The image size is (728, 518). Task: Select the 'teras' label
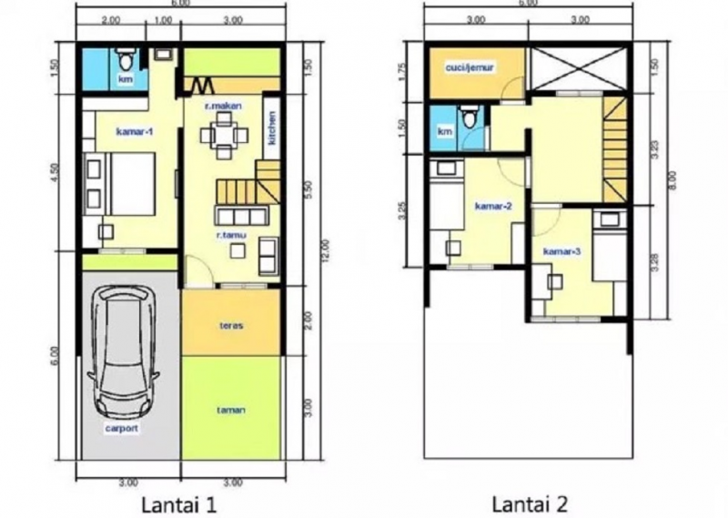(229, 326)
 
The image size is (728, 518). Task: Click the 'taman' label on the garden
(229, 410)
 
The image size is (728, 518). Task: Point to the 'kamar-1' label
(135, 133)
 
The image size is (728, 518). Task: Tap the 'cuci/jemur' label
(467, 66)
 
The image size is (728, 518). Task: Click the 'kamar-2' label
(493, 206)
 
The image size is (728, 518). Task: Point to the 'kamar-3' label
(561, 250)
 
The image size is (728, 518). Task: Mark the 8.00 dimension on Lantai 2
(672, 186)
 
